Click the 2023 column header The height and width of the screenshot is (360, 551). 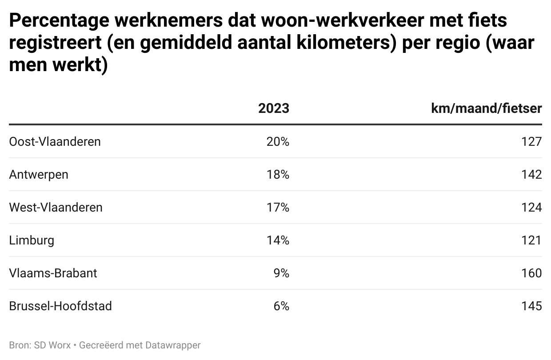pos(273,108)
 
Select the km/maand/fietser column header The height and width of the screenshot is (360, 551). pos(486,108)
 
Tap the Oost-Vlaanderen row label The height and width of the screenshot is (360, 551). pos(55,142)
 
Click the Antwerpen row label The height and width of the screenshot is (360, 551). pos(39,175)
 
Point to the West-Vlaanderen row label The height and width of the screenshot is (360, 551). pos(56,208)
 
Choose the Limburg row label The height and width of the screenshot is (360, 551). pos(32,240)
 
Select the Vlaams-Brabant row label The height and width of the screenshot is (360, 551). pos(53,273)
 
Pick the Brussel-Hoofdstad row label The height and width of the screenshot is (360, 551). pos(60,306)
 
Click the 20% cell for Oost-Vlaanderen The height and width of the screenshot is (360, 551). pos(278,142)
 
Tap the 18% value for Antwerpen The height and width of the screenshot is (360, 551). pos(278,175)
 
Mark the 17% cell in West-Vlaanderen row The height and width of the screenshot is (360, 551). pos(278,208)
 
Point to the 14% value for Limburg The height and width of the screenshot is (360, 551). pos(278,240)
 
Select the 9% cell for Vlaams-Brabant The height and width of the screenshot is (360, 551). pos(281,273)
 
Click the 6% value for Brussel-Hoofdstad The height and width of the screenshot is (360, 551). pos(281,306)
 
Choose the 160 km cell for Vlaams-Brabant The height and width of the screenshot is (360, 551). pos(532,273)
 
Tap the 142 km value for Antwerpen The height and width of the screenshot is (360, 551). pos(532,175)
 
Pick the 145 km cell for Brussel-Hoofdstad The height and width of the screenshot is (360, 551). pos(532,306)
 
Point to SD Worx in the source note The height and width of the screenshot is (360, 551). pos(52,345)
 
